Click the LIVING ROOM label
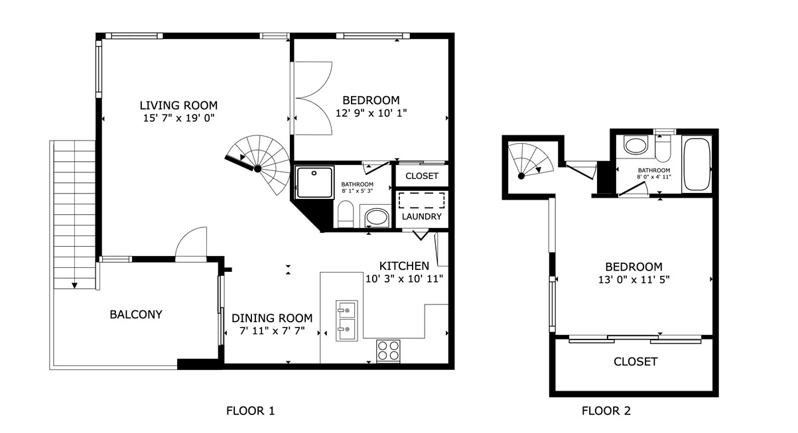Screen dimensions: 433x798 [x=178, y=105]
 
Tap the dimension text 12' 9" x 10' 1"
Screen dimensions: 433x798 [x=371, y=113]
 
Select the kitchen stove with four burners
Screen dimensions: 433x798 [x=388, y=350]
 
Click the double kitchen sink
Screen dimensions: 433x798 [x=346, y=320]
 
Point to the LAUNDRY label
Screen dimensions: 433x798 [x=421, y=217]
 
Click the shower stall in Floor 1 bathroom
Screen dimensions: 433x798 [x=314, y=182]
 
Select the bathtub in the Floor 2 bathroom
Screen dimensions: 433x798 [x=696, y=164]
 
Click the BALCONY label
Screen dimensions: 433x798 [x=135, y=314]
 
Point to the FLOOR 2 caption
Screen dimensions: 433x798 [x=606, y=411]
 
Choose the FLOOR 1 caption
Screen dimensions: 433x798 [x=250, y=411]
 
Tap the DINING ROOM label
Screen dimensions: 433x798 [x=267, y=317]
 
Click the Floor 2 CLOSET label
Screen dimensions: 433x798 [x=635, y=361]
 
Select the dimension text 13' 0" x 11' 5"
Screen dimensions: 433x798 [x=633, y=279]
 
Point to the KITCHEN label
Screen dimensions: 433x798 [x=404, y=266]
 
